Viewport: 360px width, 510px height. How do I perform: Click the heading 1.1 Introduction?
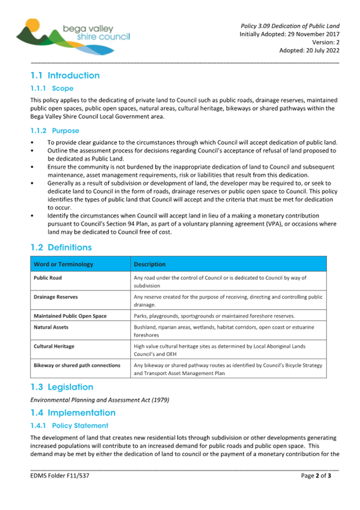[65, 76]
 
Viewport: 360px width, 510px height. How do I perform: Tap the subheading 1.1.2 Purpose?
[55, 131]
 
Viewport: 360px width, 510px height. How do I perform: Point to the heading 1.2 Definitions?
[61, 248]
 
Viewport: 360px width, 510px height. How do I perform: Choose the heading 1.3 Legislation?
[62, 387]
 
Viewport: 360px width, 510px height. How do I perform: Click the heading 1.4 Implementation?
[73, 412]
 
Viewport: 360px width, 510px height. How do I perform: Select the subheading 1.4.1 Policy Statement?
[69, 425]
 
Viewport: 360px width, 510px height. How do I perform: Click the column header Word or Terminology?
[63, 264]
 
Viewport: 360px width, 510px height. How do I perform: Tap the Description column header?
[150, 264]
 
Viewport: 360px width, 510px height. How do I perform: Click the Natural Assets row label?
[51, 327]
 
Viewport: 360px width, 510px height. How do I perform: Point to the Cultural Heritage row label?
[54, 346]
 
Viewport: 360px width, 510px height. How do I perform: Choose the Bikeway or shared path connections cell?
[77, 366]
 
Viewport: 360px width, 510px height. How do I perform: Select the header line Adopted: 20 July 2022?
[309, 51]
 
